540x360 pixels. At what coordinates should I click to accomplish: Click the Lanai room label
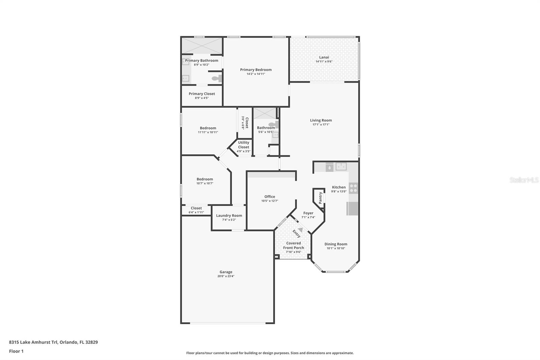coord(324,57)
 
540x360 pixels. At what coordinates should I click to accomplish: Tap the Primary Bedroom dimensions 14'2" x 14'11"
coord(256,74)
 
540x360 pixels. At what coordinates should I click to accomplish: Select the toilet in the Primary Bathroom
coord(216,79)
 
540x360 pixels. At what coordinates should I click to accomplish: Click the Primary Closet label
coord(202,94)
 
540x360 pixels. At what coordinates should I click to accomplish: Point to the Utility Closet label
coord(243,145)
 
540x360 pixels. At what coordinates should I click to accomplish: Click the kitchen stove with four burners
coord(353,188)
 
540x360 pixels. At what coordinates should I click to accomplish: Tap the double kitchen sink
coord(341,166)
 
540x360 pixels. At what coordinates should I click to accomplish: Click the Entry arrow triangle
coord(300,230)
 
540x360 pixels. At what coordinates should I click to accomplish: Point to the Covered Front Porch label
coord(293,246)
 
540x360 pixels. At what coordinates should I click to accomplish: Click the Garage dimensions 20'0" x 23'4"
coord(226,276)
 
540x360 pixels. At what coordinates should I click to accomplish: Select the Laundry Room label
coord(229,215)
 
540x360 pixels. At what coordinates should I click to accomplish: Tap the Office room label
coord(270,197)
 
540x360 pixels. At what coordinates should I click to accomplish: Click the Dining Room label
coord(336,244)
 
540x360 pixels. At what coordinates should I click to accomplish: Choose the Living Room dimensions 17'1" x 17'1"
coord(321,125)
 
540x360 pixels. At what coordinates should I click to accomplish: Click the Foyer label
coord(308,213)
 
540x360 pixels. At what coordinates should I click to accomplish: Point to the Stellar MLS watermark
coord(524,180)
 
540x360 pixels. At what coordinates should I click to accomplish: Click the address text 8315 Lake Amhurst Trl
coord(33,342)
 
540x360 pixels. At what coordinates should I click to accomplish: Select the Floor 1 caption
coord(16,351)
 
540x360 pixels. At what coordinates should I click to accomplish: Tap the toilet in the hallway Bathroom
coord(274,124)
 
